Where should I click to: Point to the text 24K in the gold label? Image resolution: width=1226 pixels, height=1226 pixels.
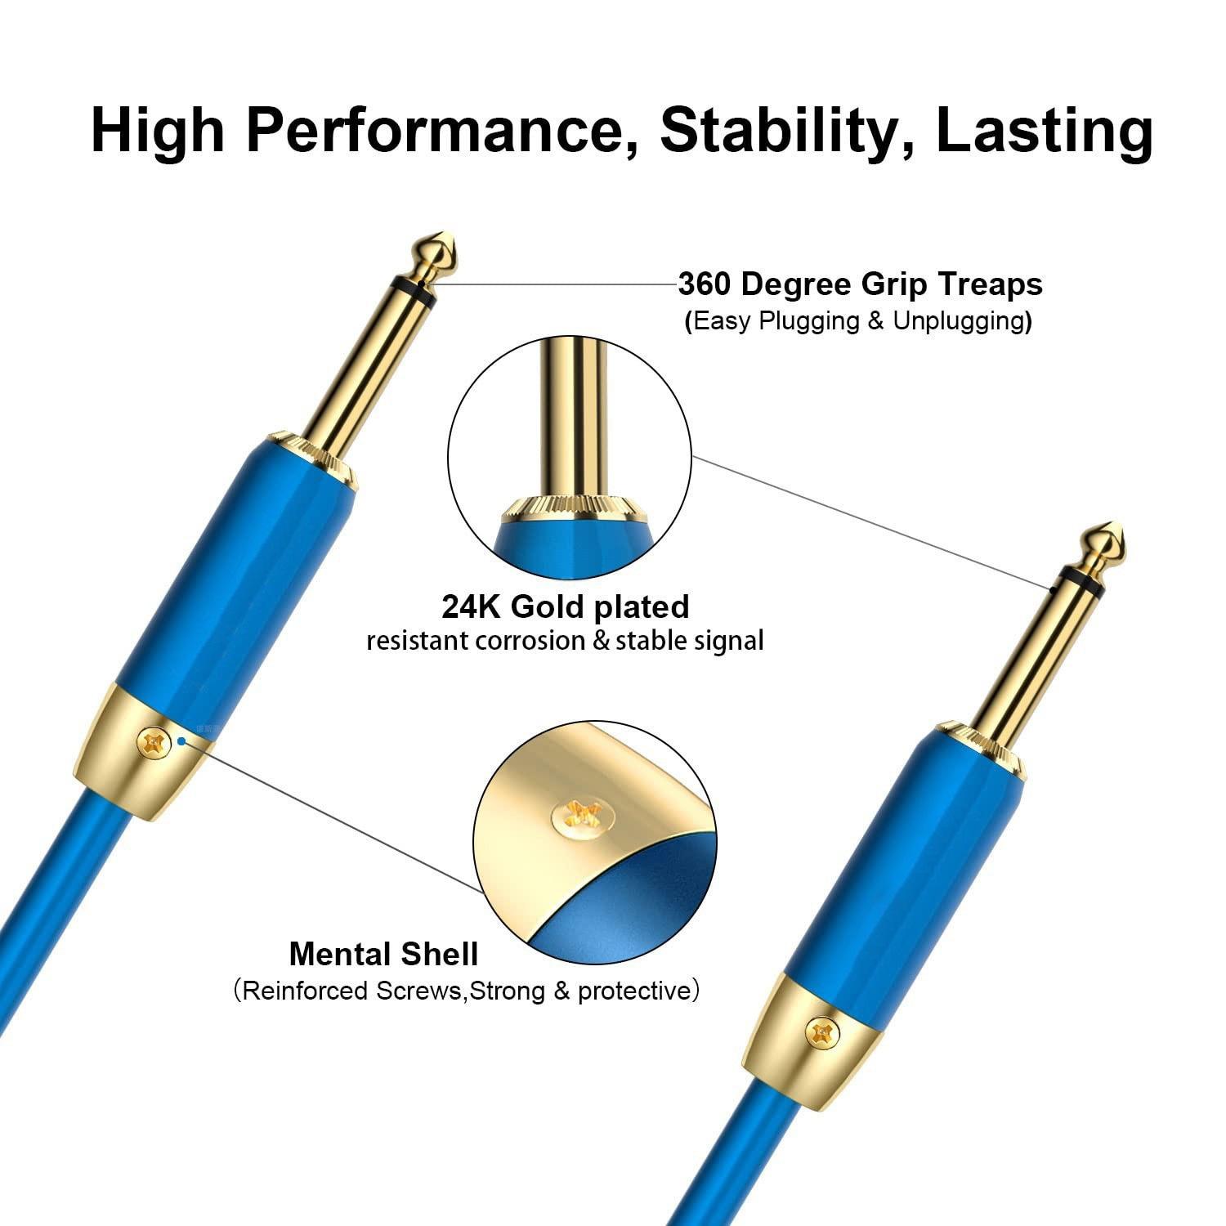point(472,606)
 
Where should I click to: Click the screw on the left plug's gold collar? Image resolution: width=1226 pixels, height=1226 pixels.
point(151,741)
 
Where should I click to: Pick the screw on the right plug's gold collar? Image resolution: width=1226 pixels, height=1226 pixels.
point(820,1031)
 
